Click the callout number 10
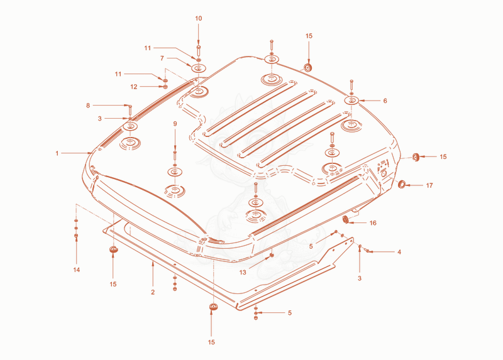[199, 19]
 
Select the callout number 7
[162, 58]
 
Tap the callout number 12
[134, 87]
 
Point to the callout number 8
[88, 105]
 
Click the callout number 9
[175, 124]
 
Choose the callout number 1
[57, 153]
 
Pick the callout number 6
[385, 101]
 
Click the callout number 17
[429, 185]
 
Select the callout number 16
[373, 223]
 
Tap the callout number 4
[399, 253]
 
